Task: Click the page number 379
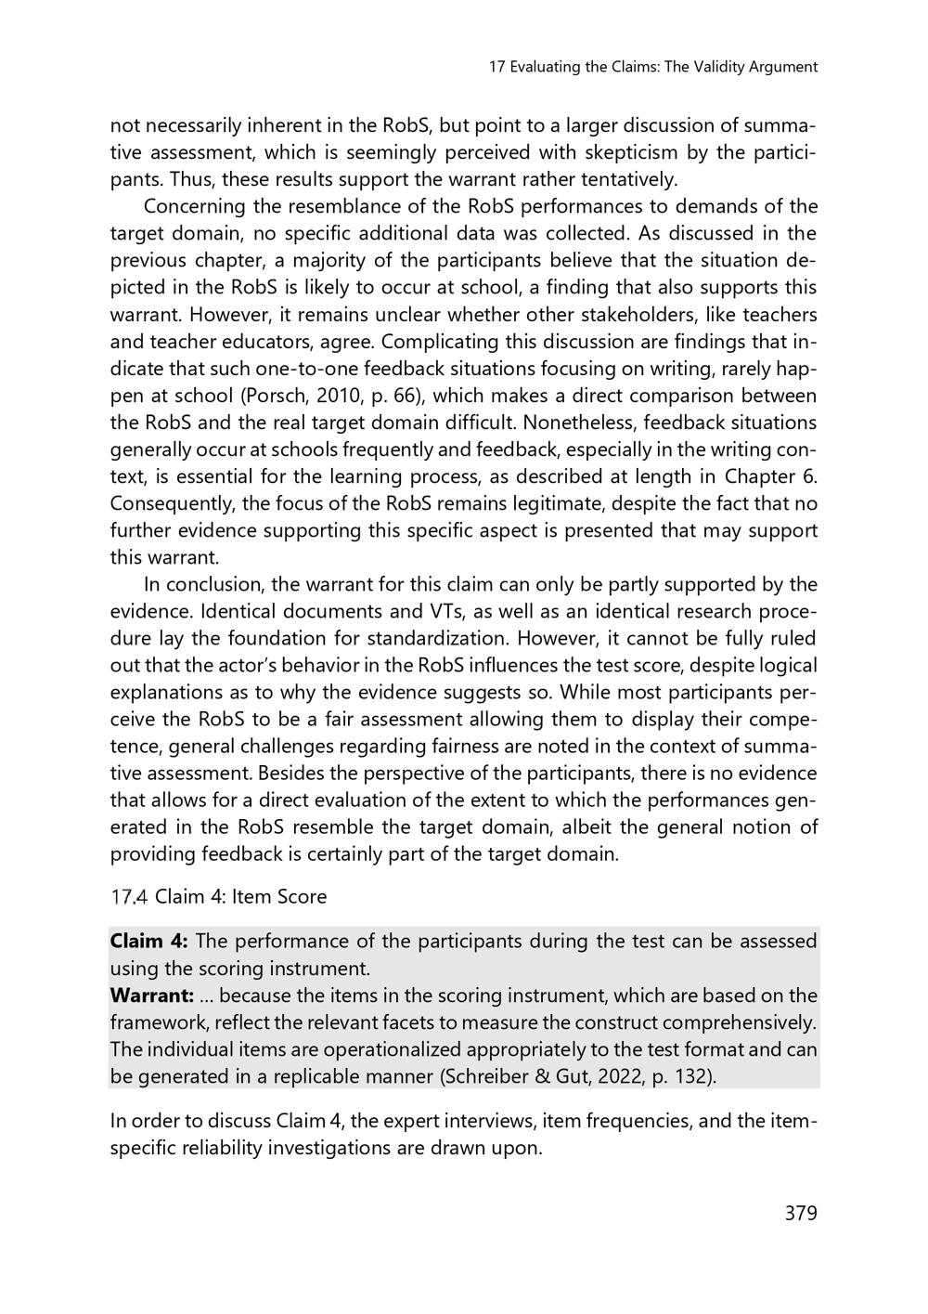pos(800,1213)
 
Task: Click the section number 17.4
pos(129,897)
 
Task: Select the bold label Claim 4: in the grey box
pos(148,942)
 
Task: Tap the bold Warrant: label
pos(151,995)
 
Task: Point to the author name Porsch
pos(270,396)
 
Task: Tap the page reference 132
pos(688,1077)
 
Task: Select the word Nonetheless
pos(574,423)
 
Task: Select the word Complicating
pos(436,342)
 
